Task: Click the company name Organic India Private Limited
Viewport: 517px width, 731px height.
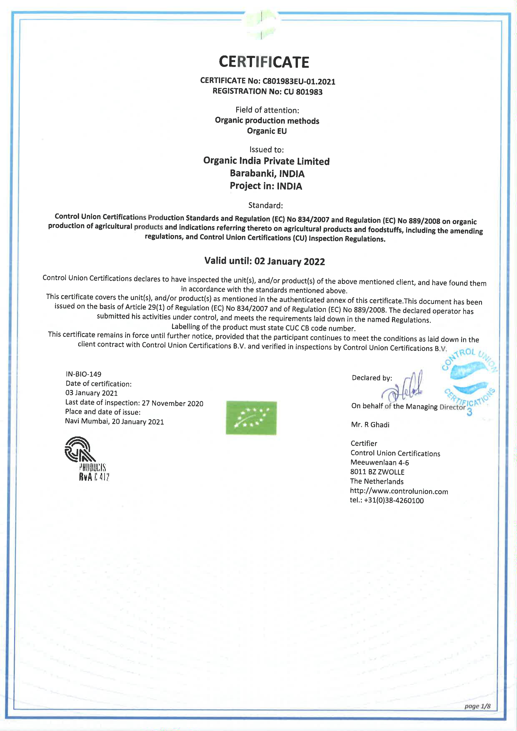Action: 266,161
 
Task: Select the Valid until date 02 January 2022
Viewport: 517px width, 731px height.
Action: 290,261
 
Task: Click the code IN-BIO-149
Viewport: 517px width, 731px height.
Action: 83,374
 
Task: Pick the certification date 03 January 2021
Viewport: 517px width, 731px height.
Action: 92,393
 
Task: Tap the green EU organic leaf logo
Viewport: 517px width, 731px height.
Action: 251,418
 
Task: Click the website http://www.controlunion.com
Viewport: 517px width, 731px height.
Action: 399,491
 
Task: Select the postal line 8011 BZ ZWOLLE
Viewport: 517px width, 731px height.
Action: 377,472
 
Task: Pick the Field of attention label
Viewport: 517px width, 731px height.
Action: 267,110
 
